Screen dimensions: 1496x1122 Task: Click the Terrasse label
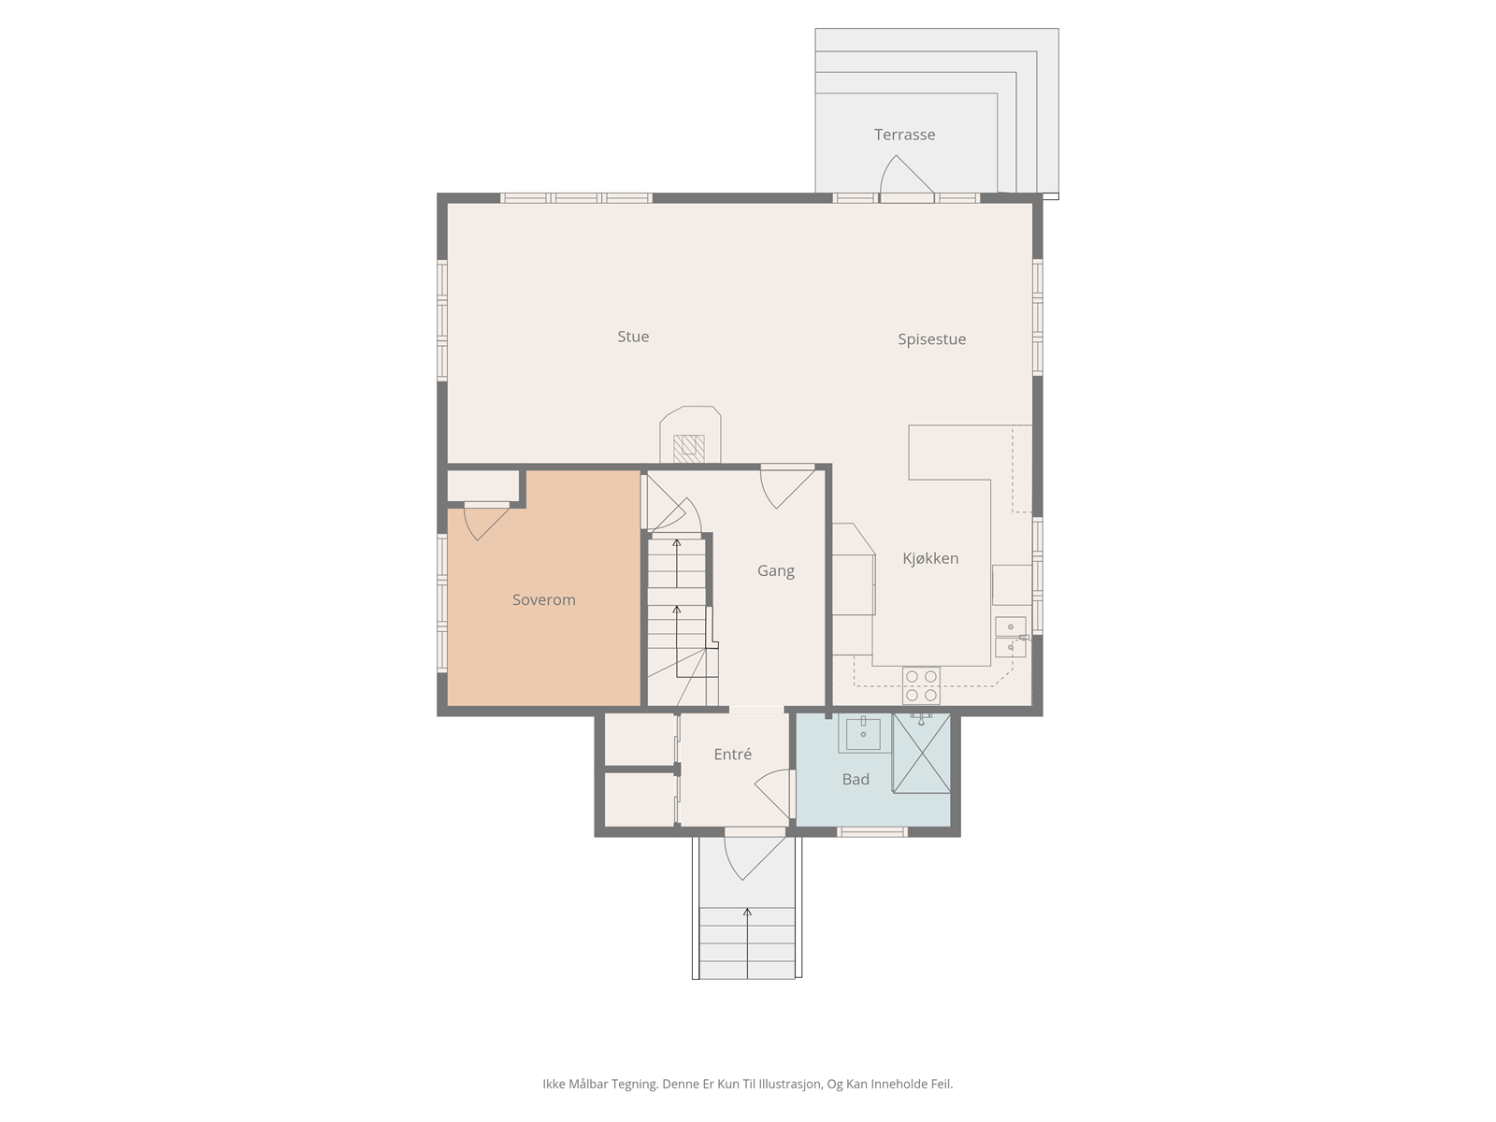[x=904, y=135]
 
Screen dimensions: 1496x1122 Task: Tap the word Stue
[x=632, y=337]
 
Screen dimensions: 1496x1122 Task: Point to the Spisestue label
[x=931, y=339]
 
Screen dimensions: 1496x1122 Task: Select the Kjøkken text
[x=930, y=558]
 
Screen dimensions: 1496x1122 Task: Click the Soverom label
[x=543, y=600]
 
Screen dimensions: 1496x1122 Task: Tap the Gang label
[x=776, y=571]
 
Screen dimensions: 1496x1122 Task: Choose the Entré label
[x=733, y=755]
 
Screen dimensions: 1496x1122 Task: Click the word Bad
[x=856, y=780]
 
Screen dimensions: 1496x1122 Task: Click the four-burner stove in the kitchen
[x=921, y=685]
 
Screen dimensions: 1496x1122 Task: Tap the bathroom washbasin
[x=863, y=734]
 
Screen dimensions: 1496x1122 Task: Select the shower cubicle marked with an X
[x=922, y=753]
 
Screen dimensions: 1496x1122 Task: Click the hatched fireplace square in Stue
[x=688, y=450]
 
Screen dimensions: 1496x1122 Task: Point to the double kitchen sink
[x=1010, y=637]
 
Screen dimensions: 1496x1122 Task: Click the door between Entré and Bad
[x=773, y=794]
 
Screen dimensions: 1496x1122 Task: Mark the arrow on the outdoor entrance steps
[x=747, y=942]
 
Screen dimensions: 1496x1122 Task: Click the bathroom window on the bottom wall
[x=871, y=832]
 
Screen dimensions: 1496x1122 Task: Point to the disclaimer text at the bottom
[x=748, y=1084]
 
